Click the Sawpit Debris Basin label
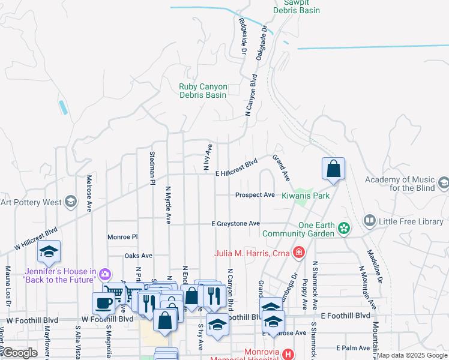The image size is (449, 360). point(297,6)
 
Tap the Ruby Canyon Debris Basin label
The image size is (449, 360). point(203,91)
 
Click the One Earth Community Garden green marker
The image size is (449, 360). point(343,228)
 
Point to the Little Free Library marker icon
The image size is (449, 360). point(369,221)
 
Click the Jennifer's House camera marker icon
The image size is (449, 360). point(105,275)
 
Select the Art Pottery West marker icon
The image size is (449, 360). point(71,202)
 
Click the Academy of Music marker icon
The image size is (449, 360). point(443,182)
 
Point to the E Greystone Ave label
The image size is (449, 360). point(235,223)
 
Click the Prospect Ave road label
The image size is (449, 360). point(255,195)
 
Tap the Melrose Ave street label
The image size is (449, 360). point(89,193)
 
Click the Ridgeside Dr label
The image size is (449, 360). point(243,35)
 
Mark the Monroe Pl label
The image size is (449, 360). point(122,237)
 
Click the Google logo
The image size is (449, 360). point(20,353)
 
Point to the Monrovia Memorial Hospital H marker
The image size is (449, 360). point(289,355)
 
